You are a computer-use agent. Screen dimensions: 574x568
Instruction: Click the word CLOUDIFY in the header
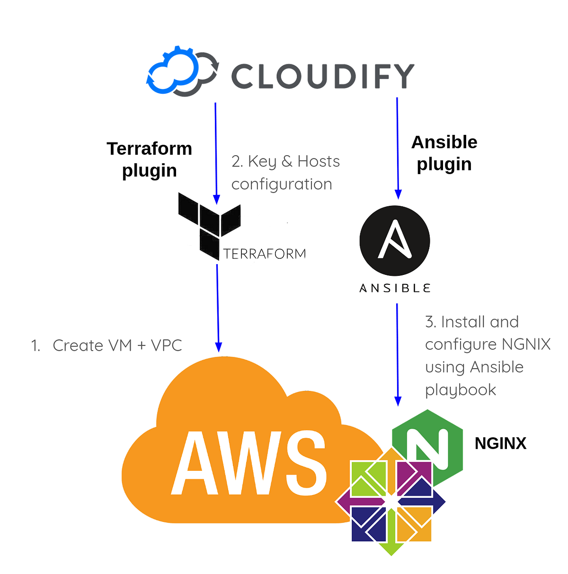[322, 76]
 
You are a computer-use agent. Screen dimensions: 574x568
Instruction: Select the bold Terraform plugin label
[149, 159]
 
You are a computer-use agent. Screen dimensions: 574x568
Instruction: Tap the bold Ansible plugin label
[444, 153]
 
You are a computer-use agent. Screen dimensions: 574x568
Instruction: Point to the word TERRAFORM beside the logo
[265, 254]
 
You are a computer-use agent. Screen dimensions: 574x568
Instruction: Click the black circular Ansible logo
[395, 241]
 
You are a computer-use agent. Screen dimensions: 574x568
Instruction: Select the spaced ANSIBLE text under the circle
[395, 288]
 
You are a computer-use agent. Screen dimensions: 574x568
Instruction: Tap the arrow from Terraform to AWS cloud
[218, 308]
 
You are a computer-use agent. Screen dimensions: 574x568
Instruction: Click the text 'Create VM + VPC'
[117, 345]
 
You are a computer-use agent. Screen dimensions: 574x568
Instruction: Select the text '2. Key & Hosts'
[285, 161]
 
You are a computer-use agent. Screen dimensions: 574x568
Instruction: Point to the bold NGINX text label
[500, 443]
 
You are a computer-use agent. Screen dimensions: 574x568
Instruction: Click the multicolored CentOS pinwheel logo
[391, 502]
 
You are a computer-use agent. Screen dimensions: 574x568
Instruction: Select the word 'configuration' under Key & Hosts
[282, 184]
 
